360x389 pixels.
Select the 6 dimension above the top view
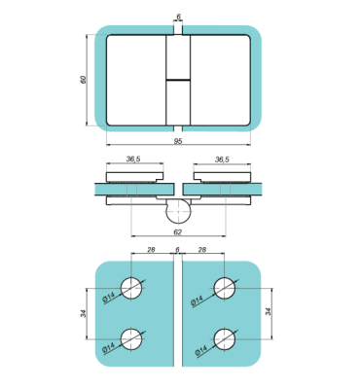[x=177, y=17]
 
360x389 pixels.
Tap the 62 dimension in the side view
[x=177, y=232]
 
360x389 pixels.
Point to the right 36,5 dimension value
[x=222, y=159]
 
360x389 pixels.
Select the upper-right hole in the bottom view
[x=226, y=289]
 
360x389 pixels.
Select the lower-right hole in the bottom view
[x=226, y=337]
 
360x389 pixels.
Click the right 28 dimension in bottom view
[x=201, y=251]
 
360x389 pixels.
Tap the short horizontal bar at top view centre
[x=177, y=79]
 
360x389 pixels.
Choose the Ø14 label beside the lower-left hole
[x=111, y=346]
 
